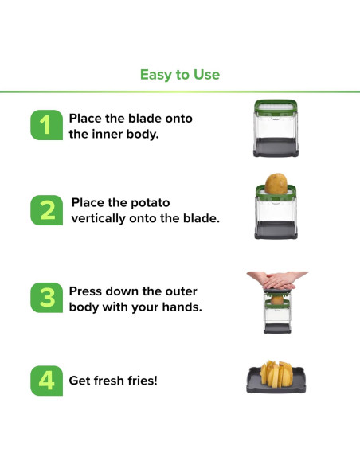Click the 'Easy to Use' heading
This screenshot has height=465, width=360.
(180, 75)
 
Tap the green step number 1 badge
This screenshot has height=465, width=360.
(46, 125)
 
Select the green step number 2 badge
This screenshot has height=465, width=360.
(46, 210)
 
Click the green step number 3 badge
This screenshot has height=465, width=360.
(46, 298)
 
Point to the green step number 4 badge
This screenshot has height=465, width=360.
(46, 381)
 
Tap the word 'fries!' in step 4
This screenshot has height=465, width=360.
(143, 381)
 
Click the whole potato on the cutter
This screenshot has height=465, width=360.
(276, 184)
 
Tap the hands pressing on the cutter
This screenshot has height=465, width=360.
(277, 280)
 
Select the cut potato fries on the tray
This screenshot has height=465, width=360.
(276, 374)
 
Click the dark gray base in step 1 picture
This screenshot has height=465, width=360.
(276, 147)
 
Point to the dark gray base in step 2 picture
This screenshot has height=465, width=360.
(276, 230)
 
